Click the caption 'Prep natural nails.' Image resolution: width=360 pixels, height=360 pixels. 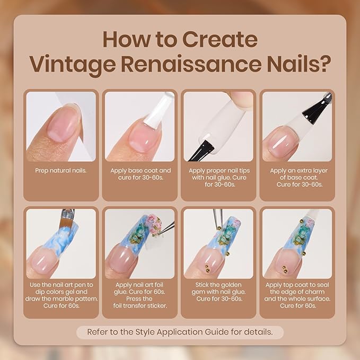62,171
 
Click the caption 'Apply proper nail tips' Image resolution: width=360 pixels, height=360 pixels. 219,171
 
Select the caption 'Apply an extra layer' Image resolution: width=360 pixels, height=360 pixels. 297,171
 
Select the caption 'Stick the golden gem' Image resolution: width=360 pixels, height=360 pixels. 219,284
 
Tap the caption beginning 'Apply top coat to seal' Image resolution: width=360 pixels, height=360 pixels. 297,284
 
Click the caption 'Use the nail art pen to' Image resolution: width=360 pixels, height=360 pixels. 62,284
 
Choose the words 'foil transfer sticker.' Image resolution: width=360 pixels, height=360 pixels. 141,306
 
